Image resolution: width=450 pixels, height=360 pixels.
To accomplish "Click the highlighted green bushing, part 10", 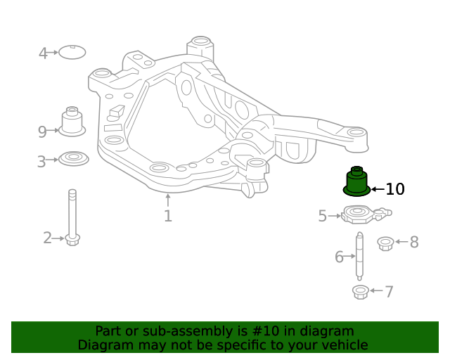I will (x=356, y=183).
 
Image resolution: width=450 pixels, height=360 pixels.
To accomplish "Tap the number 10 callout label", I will (x=395, y=189).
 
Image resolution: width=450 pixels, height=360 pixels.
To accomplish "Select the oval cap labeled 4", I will (x=72, y=52).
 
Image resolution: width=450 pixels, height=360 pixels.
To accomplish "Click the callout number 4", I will (x=43, y=53).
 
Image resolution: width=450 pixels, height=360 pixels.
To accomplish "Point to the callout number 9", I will (x=42, y=131).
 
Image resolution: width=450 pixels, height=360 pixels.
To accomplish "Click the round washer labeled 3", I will (x=73, y=158).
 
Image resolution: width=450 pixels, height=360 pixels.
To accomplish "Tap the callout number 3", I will (x=41, y=162).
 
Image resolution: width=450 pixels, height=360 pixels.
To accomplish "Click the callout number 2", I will (x=47, y=238).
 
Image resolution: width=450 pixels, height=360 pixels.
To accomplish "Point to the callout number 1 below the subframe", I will (x=167, y=216).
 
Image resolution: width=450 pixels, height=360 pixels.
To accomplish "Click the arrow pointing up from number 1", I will (x=167, y=200).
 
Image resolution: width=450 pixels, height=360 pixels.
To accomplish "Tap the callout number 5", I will (x=322, y=216).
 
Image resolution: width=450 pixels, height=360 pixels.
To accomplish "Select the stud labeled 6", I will (x=359, y=256).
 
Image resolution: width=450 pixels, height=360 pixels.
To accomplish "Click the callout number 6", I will (x=339, y=257).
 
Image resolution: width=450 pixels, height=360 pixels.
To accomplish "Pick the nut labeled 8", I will (x=385, y=243).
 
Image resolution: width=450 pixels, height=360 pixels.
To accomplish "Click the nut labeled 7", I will (x=359, y=291).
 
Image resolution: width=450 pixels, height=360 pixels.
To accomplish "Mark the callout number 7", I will (x=389, y=291).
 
